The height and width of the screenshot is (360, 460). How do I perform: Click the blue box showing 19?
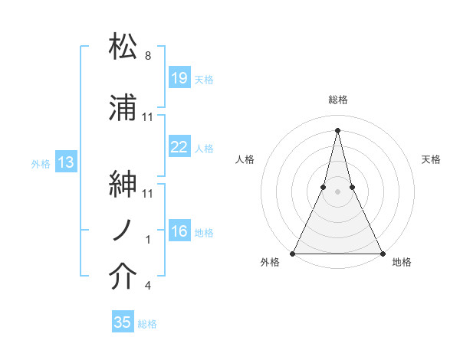coord(179,78)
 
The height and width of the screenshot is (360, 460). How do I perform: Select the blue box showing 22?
coord(179,147)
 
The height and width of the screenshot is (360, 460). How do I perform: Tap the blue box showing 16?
coord(179,231)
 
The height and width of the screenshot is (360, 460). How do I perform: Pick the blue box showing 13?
coord(66,162)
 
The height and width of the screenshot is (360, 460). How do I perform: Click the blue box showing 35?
coord(123,322)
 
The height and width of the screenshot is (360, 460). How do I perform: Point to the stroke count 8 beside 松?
coord(147,56)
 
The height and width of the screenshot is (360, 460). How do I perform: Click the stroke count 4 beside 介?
coord(147,286)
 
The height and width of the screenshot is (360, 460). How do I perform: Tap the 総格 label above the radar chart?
coord(337,100)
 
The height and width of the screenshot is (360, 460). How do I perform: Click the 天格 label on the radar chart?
coord(432,159)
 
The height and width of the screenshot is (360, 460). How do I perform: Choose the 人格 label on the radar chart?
coord(245,159)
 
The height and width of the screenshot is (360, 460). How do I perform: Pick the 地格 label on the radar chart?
coord(402,262)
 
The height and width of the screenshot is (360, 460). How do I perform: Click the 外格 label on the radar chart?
coord(270,262)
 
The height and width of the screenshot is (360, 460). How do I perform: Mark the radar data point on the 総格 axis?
coord(337,129)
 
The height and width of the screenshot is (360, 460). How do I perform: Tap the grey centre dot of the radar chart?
coord(337,191)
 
